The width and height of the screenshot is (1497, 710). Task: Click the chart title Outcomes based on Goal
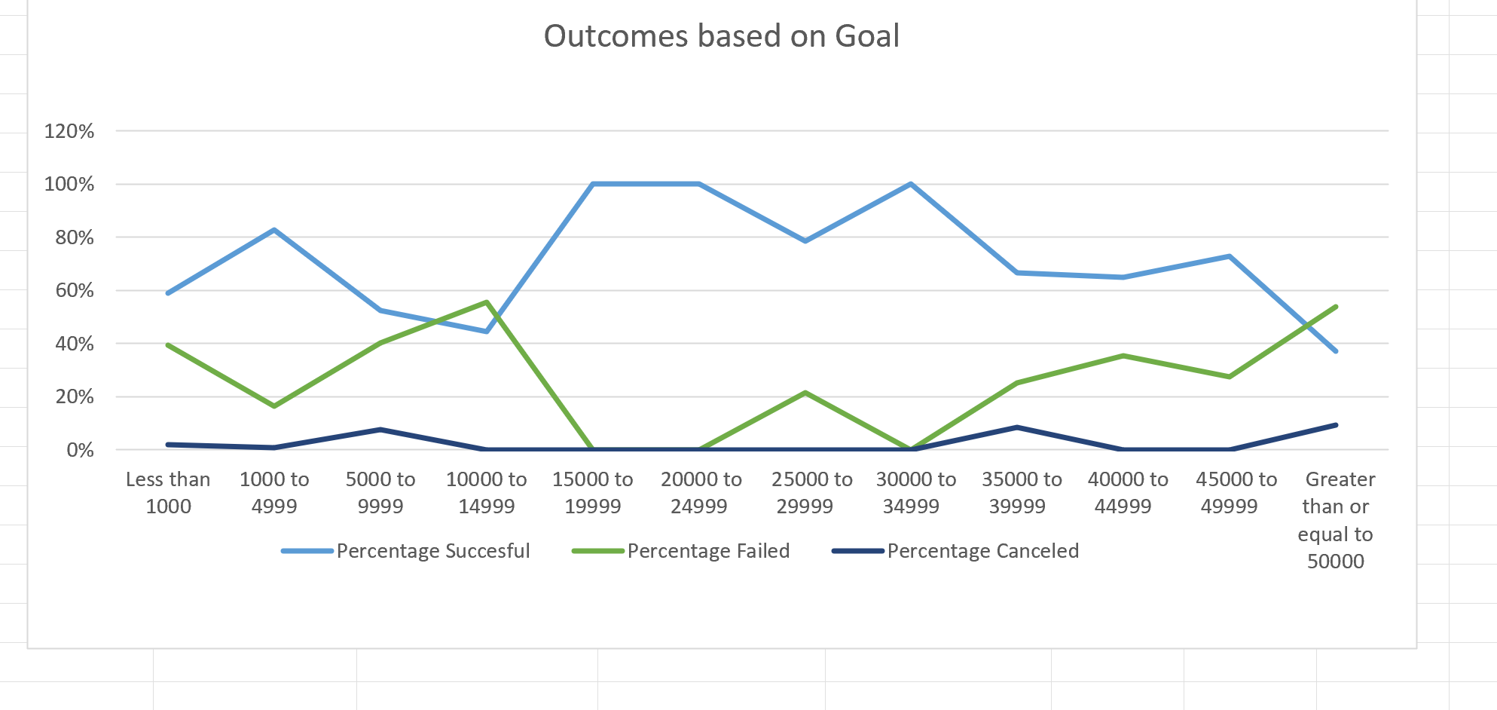tap(721, 36)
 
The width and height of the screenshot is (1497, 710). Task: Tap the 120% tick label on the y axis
tap(69, 131)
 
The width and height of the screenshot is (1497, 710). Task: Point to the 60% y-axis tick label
tap(75, 290)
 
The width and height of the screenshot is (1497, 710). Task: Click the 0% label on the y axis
tap(80, 450)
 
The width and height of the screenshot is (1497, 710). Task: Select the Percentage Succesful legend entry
tap(432, 551)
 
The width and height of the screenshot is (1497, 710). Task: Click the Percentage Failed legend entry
tap(707, 551)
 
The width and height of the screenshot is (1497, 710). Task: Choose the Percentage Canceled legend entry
tap(982, 551)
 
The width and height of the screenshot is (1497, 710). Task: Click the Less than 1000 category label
tap(168, 493)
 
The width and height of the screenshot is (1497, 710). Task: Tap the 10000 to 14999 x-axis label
tap(487, 493)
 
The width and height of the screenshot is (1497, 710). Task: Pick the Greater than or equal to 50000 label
tap(1336, 520)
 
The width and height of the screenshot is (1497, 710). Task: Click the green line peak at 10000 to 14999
tap(487, 302)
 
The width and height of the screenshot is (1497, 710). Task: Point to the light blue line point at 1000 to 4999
tap(274, 230)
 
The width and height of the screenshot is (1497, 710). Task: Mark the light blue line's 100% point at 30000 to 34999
tap(911, 184)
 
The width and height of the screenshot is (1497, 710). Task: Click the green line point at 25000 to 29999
tap(805, 393)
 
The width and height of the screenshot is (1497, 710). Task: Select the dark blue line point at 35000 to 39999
tap(1017, 427)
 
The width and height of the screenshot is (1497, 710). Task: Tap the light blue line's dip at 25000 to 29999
tap(805, 241)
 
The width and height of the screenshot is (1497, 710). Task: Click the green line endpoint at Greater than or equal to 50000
tap(1336, 307)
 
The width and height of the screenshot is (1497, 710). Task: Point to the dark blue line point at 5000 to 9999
tap(380, 430)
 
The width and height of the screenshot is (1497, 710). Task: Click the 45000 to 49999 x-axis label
tap(1236, 493)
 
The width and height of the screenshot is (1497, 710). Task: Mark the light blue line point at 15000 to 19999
tap(594, 184)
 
